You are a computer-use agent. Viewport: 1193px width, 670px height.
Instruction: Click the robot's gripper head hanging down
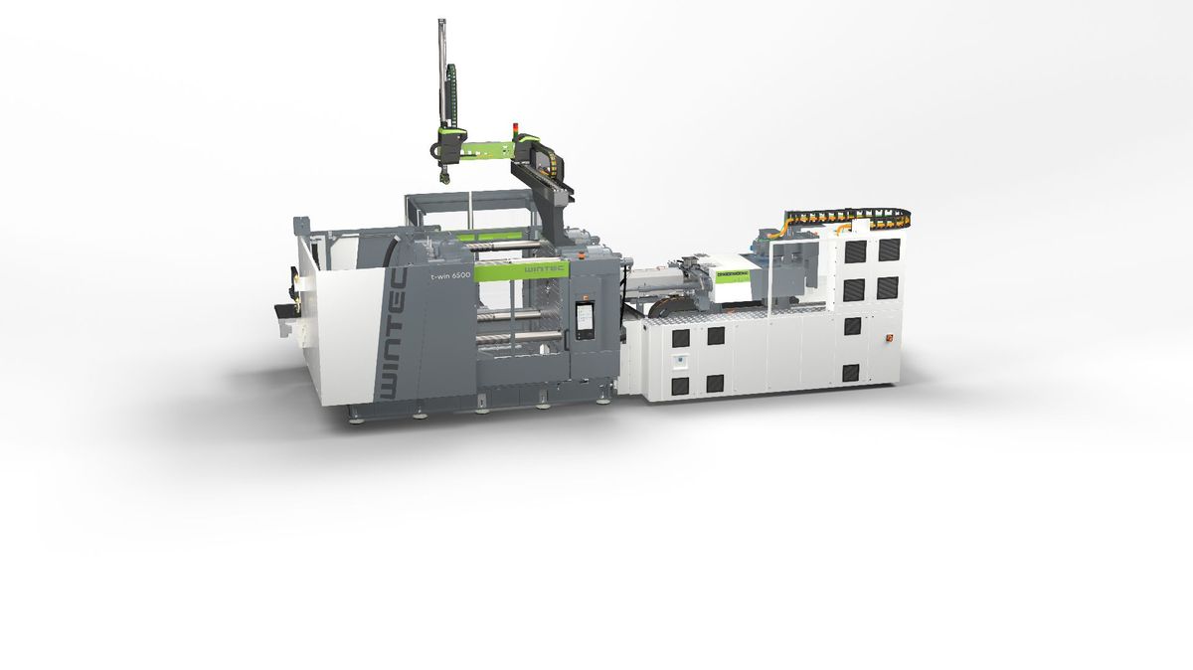click(443, 176)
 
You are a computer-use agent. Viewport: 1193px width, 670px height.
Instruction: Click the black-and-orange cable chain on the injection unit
click(845, 215)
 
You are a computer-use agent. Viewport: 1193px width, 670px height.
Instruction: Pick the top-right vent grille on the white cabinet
click(888, 250)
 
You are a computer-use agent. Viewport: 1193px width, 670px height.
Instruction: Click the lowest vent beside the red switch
click(851, 373)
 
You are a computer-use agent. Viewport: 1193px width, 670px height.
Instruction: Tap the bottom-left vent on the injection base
click(679, 384)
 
